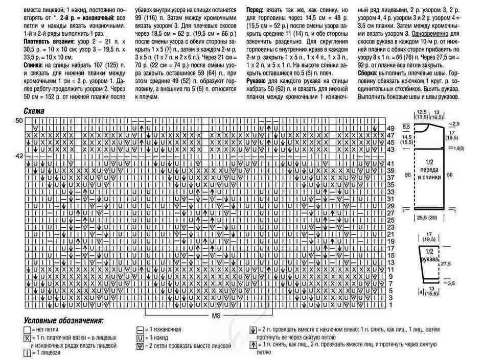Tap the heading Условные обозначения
pos(63,321)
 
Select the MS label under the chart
pos(216,316)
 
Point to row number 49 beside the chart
pos(390,128)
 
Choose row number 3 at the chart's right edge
pos(390,297)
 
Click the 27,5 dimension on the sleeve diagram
pos(446,263)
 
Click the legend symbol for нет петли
pos(27,330)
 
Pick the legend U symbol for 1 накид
pos(140,338)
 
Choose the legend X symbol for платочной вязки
pos(27,338)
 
